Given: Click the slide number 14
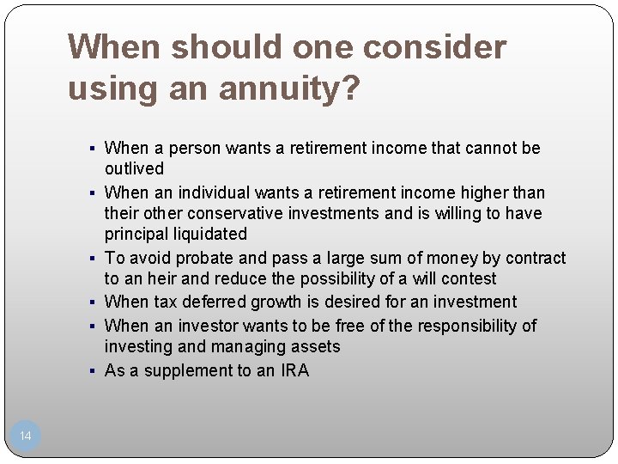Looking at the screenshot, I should pos(25,436).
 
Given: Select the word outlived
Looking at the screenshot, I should pos(134,168).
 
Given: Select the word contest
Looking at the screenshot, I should pos(469,278).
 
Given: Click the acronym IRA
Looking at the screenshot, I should pos(294,370).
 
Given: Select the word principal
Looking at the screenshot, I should pos(136,234).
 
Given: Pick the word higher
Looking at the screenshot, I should pos(463,192).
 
